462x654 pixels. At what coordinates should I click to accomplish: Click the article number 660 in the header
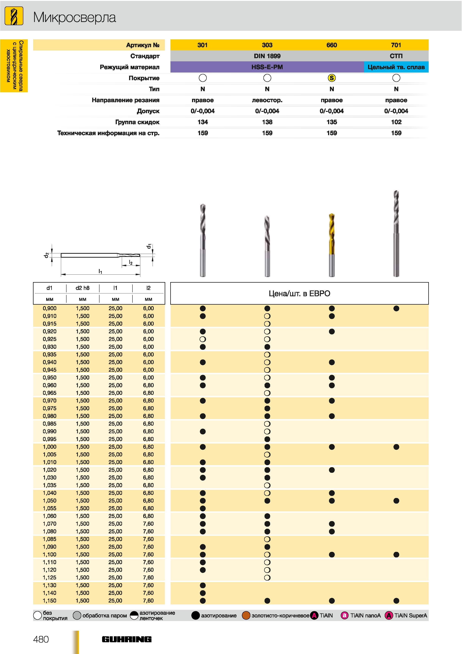332,45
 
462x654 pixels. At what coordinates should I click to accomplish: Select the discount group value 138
267,122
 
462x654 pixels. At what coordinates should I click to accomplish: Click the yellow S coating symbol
332,78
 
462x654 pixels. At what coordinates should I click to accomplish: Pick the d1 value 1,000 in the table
50,447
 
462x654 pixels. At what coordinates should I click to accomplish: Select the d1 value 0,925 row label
50,339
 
